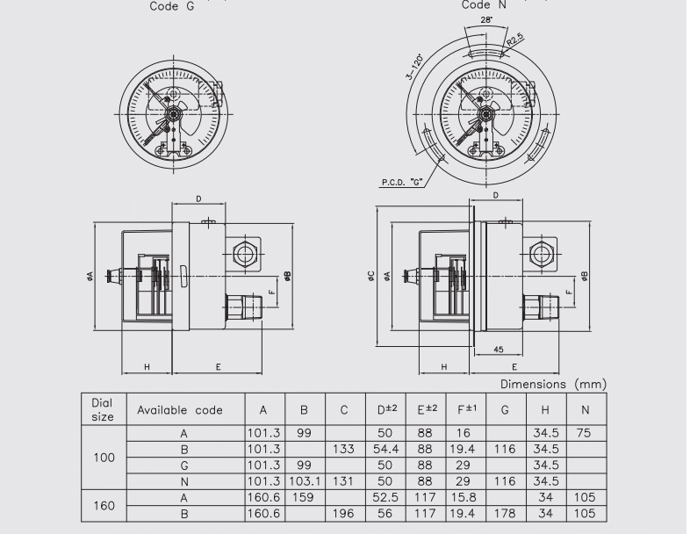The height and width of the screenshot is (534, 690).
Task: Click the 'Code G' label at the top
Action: [x=173, y=6]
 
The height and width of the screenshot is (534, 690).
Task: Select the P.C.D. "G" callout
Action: [x=403, y=182]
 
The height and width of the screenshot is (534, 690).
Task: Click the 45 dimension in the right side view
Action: [x=499, y=348]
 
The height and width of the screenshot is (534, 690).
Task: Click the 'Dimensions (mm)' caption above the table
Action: [x=553, y=385]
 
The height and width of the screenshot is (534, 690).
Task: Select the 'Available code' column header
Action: [x=179, y=410]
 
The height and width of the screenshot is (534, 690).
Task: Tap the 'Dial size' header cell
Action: [x=103, y=410]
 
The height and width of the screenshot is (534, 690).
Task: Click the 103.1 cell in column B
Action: [x=303, y=481]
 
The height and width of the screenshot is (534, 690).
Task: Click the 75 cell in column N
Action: [x=585, y=433]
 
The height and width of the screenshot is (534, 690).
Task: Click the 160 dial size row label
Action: [x=103, y=506]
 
